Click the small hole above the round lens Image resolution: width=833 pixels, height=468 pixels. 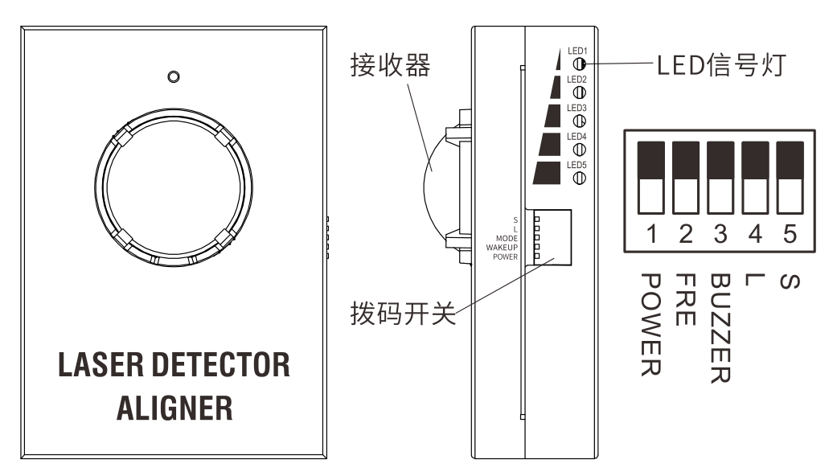pos(171,76)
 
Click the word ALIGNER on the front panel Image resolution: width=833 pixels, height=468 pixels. pos(174,408)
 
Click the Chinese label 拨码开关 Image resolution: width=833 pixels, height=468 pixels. pos(402,311)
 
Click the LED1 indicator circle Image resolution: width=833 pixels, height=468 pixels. pos(578,64)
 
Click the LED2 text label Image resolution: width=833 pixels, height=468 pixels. pos(577,80)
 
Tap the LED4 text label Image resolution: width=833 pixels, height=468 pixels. pos(577,137)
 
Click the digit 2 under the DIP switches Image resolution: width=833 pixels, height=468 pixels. pos(686,234)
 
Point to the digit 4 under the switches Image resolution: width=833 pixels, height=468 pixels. pos(755,234)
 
